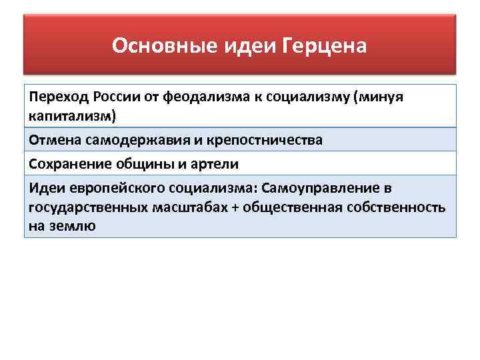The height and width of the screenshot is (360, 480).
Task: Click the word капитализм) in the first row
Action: pyautogui.click(x=72, y=117)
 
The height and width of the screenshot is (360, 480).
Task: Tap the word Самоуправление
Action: pyautogui.click(x=313, y=188)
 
